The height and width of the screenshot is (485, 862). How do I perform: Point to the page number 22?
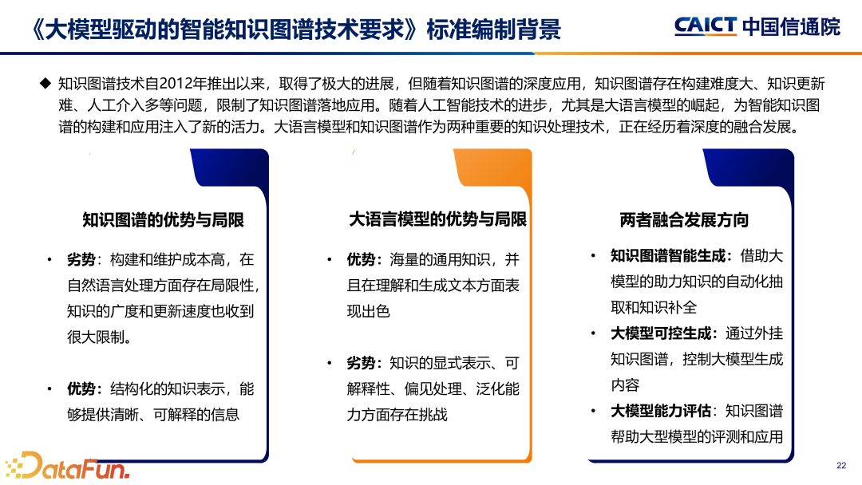click(x=840, y=466)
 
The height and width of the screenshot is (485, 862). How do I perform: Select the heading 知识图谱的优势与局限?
click(x=163, y=220)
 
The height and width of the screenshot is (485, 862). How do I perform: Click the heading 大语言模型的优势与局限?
click(x=437, y=219)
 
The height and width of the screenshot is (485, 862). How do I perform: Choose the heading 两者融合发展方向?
click(x=684, y=220)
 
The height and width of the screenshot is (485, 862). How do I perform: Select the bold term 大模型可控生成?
click(x=662, y=333)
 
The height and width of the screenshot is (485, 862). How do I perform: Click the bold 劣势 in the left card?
click(x=81, y=259)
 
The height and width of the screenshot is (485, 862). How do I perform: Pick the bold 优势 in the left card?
click(x=81, y=388)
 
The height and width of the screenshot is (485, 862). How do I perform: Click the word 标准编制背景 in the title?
click(x=494, y=30)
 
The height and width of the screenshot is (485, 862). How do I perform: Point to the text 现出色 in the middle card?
click(x=368, y=311)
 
